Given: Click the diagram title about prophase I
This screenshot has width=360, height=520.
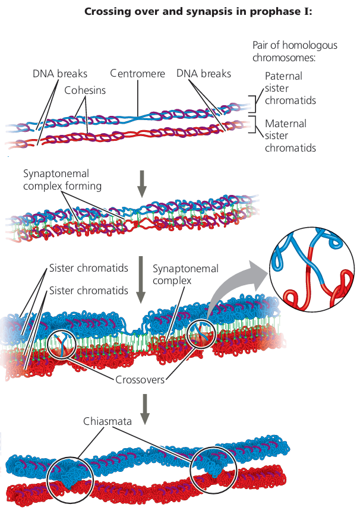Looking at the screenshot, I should [x=203, y=11].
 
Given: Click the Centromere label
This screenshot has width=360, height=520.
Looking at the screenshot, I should [x=137, y=74].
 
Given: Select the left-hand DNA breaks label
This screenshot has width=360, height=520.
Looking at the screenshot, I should [x=60, y=74].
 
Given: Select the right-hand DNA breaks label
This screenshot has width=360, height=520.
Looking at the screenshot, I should [x=204, y=74].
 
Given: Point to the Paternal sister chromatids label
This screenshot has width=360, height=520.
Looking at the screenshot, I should [x=290, y=88].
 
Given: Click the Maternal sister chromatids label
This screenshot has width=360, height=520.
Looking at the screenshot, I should [x=290, y=135].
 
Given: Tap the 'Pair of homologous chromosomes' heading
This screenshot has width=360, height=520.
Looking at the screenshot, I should [x=294, y=51].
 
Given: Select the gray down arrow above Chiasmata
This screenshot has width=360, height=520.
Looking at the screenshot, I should [x=141, y=409].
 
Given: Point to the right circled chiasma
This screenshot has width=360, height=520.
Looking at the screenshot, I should [x=213, y=469].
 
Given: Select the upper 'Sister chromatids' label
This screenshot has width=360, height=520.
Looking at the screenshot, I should [x=89, y=268].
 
